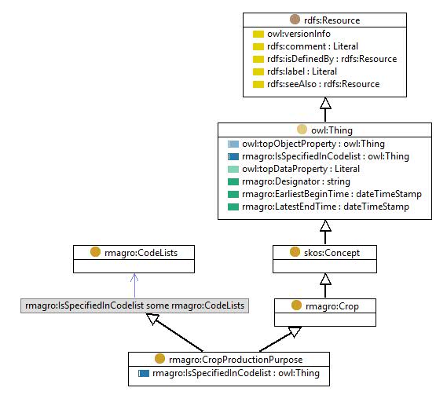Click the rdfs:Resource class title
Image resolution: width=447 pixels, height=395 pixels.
pyautogui.click(x=332, y=20)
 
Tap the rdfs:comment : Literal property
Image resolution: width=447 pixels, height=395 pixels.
pyautogui.click(x=313, y=46)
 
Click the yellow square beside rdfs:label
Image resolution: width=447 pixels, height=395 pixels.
pyautogui.click(x=258, y=71)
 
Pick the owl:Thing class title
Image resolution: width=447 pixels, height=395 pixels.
pyautogui.click(x=332, y=130)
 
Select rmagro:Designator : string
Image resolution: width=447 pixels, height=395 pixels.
pyautogui.click(x=296, y=181)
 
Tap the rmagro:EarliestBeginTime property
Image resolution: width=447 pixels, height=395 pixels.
pyautogui.click(x=332, y=194)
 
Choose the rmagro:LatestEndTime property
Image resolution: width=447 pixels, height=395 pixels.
pyautogui.click(x=325, y=207)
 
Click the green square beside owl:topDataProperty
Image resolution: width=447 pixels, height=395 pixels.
pyautogui.click(x=233, y=170)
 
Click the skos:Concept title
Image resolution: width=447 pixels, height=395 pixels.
pyautogui.click(x=332, y=253)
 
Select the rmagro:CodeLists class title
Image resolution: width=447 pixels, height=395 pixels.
pyautogui.click(x=141, y=253)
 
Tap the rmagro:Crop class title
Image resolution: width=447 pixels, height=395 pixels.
pyautogui.click(x=332, y=306)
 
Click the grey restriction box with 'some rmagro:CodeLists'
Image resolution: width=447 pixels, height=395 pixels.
pyautogui.click(x=134, y=305)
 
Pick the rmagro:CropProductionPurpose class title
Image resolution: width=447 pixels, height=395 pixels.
pyautogui.click(x=236, y=360)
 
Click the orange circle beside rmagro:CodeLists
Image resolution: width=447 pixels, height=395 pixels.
pyautogui.click(x=95, y=252)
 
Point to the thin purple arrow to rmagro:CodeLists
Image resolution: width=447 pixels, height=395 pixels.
pyautogui.click(x=134, y=286)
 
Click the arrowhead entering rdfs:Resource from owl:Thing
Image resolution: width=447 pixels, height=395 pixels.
pyautogui.click(x=325, y=103)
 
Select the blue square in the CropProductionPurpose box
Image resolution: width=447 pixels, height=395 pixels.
pyautogui.click(x=144, y=373)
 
